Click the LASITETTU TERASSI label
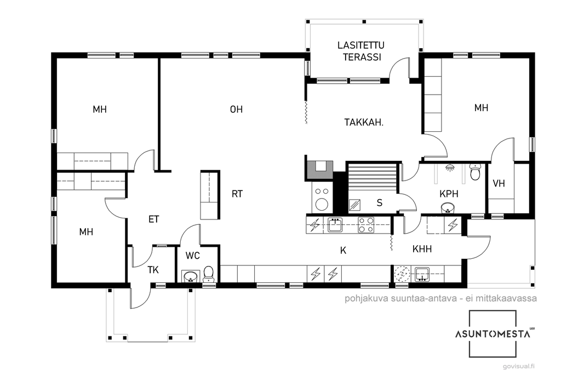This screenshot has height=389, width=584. (x=361, y=51)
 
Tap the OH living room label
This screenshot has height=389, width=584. (x=237, y=109)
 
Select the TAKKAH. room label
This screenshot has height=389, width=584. (x=364, y=123)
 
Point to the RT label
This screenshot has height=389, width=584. (x=237, y=194)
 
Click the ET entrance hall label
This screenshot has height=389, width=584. (x=154, y=219)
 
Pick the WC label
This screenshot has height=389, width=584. (x=192, y=256)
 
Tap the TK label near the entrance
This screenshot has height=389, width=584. (x=153, y=270)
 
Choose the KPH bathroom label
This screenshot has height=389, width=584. (x=449, y=194)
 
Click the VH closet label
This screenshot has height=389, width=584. (x=499, y=183)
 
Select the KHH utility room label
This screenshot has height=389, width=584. (x=422, y=249)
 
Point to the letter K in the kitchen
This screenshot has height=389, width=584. (x=343, y=251)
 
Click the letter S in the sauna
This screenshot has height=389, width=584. (x=380, y=202)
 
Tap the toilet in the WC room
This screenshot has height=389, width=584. (x=208, y=274)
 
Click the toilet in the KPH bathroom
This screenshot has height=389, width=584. (x=475, y=171)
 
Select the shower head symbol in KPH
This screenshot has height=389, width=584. (x=450, y=167)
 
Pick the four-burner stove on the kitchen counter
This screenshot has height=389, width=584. (x=366, y=225)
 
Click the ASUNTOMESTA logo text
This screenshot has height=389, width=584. (x=493, y=334)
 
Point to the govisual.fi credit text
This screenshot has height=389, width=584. (x=519, y=367)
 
